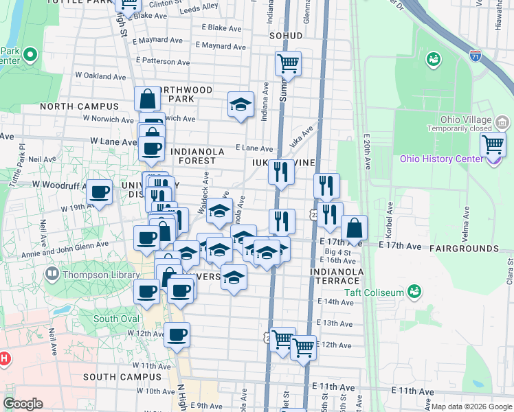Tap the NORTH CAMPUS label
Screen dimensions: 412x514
[x=79, y=106]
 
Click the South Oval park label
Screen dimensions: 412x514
[x=115, y=319]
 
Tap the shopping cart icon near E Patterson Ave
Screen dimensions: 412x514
[x=289, y=64]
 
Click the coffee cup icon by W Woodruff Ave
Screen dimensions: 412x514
[x=100, y=192]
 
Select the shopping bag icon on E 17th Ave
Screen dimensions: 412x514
[x=354, y=227]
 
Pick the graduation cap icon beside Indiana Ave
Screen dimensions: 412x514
[x=240, y=104]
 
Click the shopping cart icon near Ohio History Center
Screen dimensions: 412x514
[x=493, y=144]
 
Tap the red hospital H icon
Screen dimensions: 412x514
[x=4, y=358]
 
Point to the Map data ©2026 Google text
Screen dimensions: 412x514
[x=471, y=407]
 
